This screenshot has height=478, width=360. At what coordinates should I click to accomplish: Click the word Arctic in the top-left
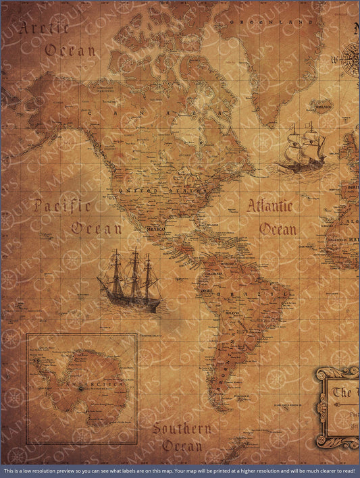[x=45, y=28]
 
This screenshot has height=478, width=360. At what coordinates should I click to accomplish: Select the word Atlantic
[x=269, y=206]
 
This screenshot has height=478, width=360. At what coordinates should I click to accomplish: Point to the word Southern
[x=181, y=429]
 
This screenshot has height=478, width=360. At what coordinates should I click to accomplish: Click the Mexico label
[x=155, y=230]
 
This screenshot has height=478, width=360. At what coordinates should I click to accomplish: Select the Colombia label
[x=215, y=273]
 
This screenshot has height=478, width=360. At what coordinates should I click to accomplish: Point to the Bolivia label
[x=232, y=313]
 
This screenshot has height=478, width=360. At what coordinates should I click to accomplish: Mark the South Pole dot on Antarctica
[x=80, y=388]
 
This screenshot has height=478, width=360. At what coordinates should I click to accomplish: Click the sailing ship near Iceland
[x=301, y=147]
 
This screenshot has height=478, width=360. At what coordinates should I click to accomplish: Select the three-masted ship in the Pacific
[x=130, y=280]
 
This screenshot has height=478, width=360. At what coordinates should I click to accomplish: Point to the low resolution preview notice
[x=180, y=471]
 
